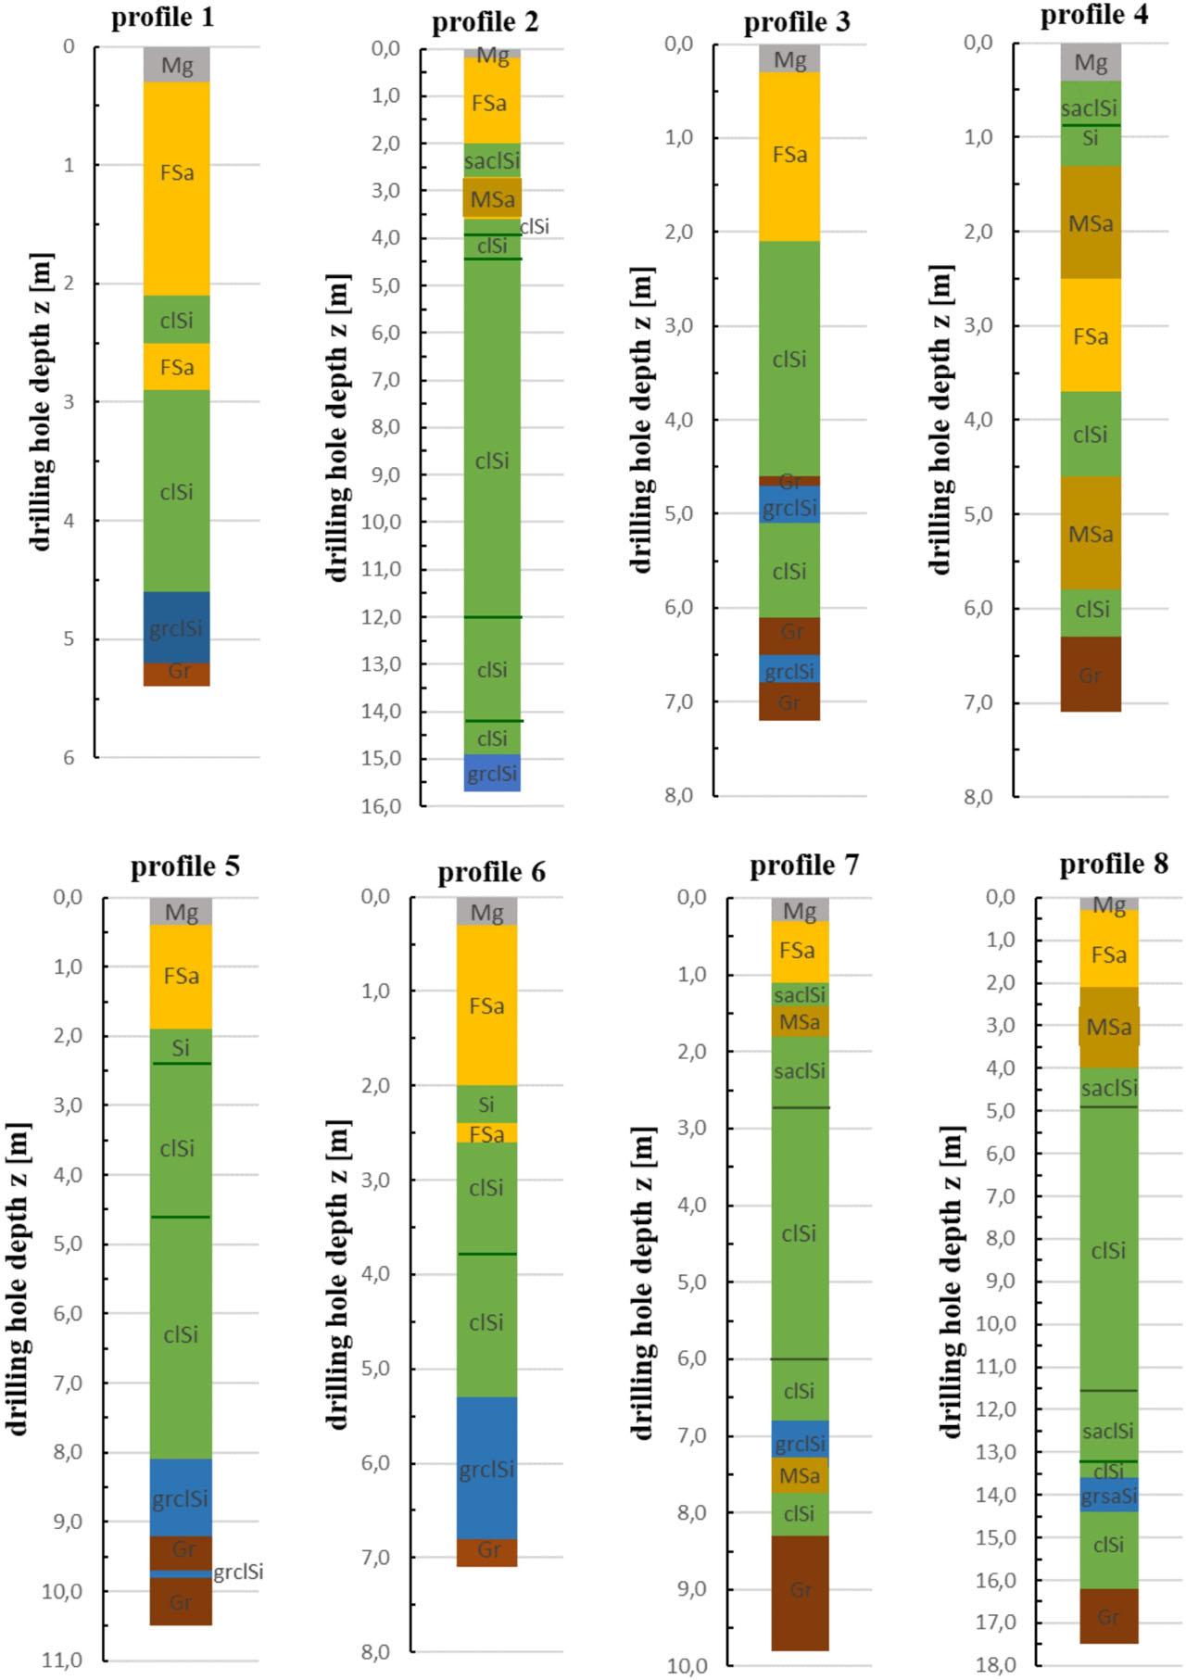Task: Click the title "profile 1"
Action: click(x=163, y=19)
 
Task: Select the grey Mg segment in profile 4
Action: click(x=1091, y=63)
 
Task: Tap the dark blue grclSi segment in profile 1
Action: click(x=176, y=627)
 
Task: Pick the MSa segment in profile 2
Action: click(x=492, y=198)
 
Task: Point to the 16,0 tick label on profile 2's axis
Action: click(x=382, y=806)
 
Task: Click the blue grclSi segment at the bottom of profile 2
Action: click(x=492, y=774)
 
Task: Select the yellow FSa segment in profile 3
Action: click(x=789, y=156)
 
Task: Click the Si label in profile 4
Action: click(x=1091, y=139)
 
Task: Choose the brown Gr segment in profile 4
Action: click(x=1091, y=675)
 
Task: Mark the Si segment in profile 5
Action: click(x=181, y=1046)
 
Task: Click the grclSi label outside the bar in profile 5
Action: click(x=238, y=1572)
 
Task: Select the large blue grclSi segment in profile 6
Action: click(x=486, y=1469)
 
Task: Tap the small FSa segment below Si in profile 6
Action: click(x=486, y=1133)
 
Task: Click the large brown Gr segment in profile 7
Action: click(x=800, y=1591)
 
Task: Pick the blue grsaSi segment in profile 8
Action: click(x=1108, y=1495)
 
